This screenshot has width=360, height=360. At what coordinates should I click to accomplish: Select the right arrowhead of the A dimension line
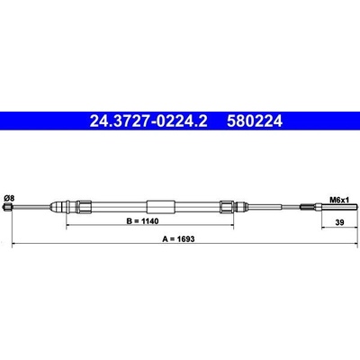[x=347, y=244]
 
